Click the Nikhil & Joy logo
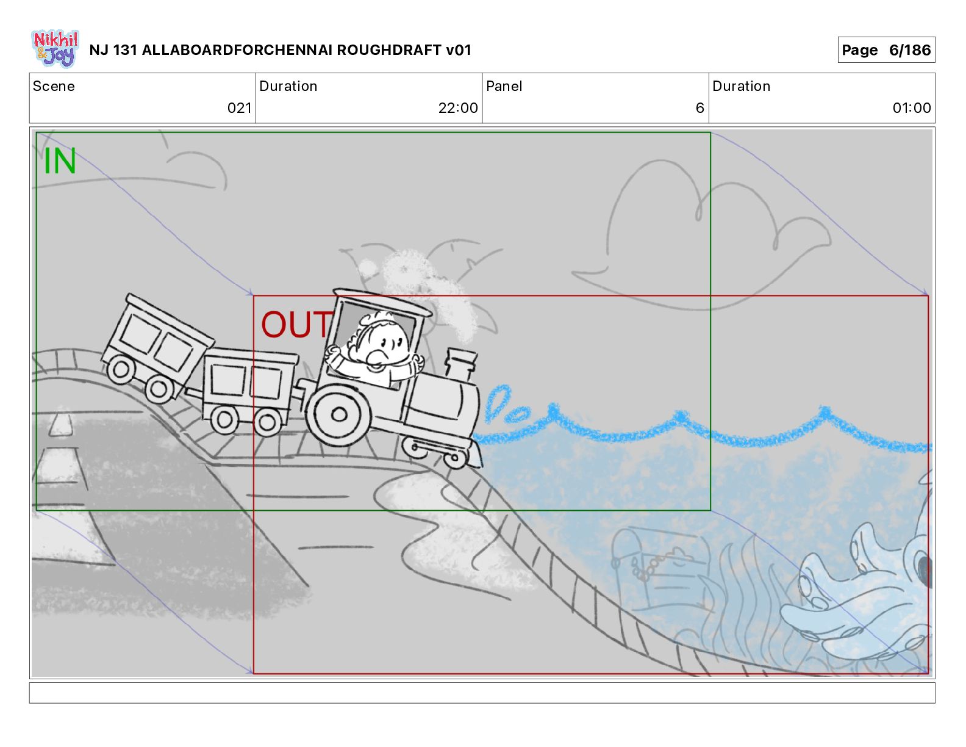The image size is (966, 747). click(55, 49)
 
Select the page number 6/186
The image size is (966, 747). click(909, 50)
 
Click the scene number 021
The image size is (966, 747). click(239, 108)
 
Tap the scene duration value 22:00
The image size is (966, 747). click(457, 108)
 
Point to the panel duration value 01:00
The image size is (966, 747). click(911, 108)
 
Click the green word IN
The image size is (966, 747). click(60, 162)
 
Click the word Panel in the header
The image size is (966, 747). click(504, 86)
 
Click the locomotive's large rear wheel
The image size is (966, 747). click(338, 415)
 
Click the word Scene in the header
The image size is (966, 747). click(54, 86)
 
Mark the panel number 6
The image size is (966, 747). click(699, 108)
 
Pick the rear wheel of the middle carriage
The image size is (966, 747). click(224, 419)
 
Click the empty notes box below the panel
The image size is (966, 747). click(482, 693)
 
